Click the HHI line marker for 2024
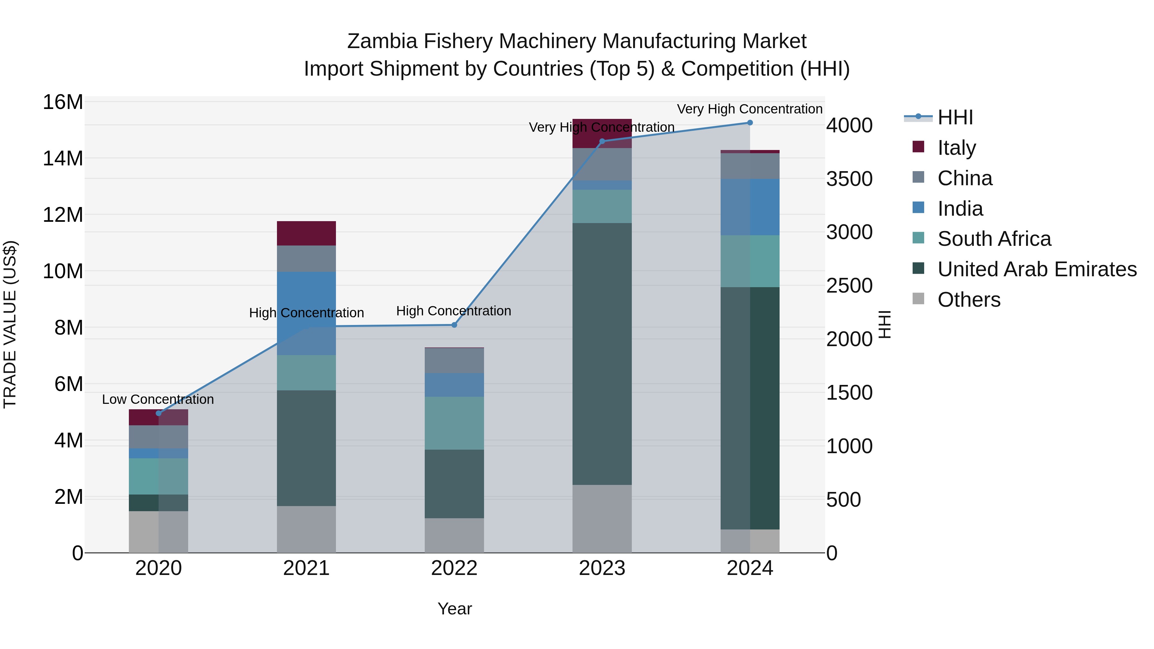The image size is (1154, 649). tap(750, 123)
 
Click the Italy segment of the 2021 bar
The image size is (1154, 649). tap(306, 233)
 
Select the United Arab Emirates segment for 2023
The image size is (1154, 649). tap(602, 354)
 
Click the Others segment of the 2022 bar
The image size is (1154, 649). tap(454, 535)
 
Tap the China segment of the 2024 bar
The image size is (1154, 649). tap(750, 166)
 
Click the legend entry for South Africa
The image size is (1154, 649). tap(994, 239)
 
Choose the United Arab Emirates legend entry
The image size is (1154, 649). tap(1037, 269)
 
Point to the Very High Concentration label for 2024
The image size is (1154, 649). tap(749, 109)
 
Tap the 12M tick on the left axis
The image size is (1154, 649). tap(63, 215)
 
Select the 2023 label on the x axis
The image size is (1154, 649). tap(602, 568)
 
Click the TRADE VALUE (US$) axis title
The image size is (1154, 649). tap(10, 324)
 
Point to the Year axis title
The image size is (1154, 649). tap(454, 609)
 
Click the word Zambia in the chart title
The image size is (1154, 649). tap(382, 41)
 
